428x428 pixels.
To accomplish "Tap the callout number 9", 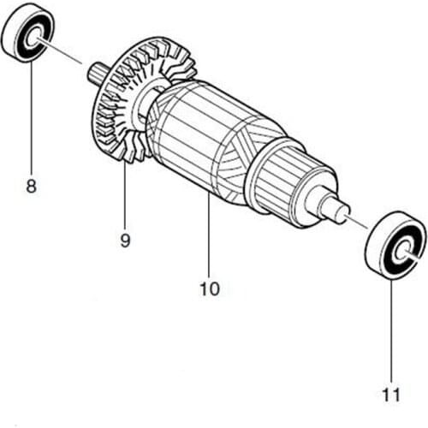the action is (x=125, y=241).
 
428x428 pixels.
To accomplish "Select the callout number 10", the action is (x=209, y=288).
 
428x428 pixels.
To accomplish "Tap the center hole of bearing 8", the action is (x=36, y=39).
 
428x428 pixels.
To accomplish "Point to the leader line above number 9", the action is (x=125, y=197).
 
